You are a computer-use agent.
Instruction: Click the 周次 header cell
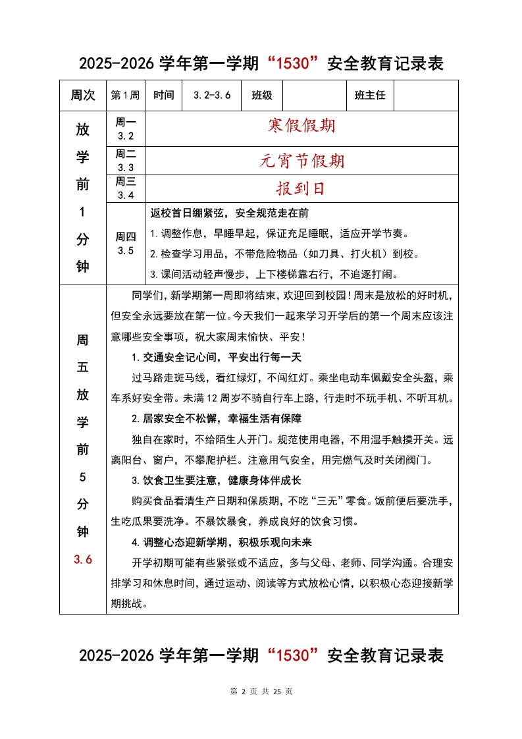pyautogui.click(x=82, y=96)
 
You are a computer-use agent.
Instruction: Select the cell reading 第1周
pyautogui.click(x=125, y=96)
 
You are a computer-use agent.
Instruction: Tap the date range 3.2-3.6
pyautogui.click(x=212, y=96)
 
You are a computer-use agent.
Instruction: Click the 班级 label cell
pyautogui.click(x=262, y=96)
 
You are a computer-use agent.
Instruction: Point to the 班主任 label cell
pyautogui.click(x=370, y=96)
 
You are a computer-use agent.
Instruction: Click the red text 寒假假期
pyautogui.click(x=301, y=126)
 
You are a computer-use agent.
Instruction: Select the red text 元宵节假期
pyautogui.click(x=301, y=160)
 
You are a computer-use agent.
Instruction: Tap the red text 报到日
pyautogui.click(x=301, y=189)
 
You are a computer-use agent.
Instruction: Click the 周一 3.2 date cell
pyautogui.click(x=125, y=129)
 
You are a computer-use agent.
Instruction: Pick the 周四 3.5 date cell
pyautogui.click(x=125, y=244)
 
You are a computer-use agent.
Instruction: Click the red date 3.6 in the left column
pyautogui.click(x=82, y=560)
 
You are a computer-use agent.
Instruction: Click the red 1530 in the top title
pyautogui.click(x=292, y=64)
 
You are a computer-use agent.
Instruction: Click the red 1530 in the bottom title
pyautogui.click(x=292, y=656)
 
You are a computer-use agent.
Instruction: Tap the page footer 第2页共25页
pyautogui.click(x=261, y=692)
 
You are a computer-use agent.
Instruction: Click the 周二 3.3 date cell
pyautogui.click(x=125, y=161)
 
